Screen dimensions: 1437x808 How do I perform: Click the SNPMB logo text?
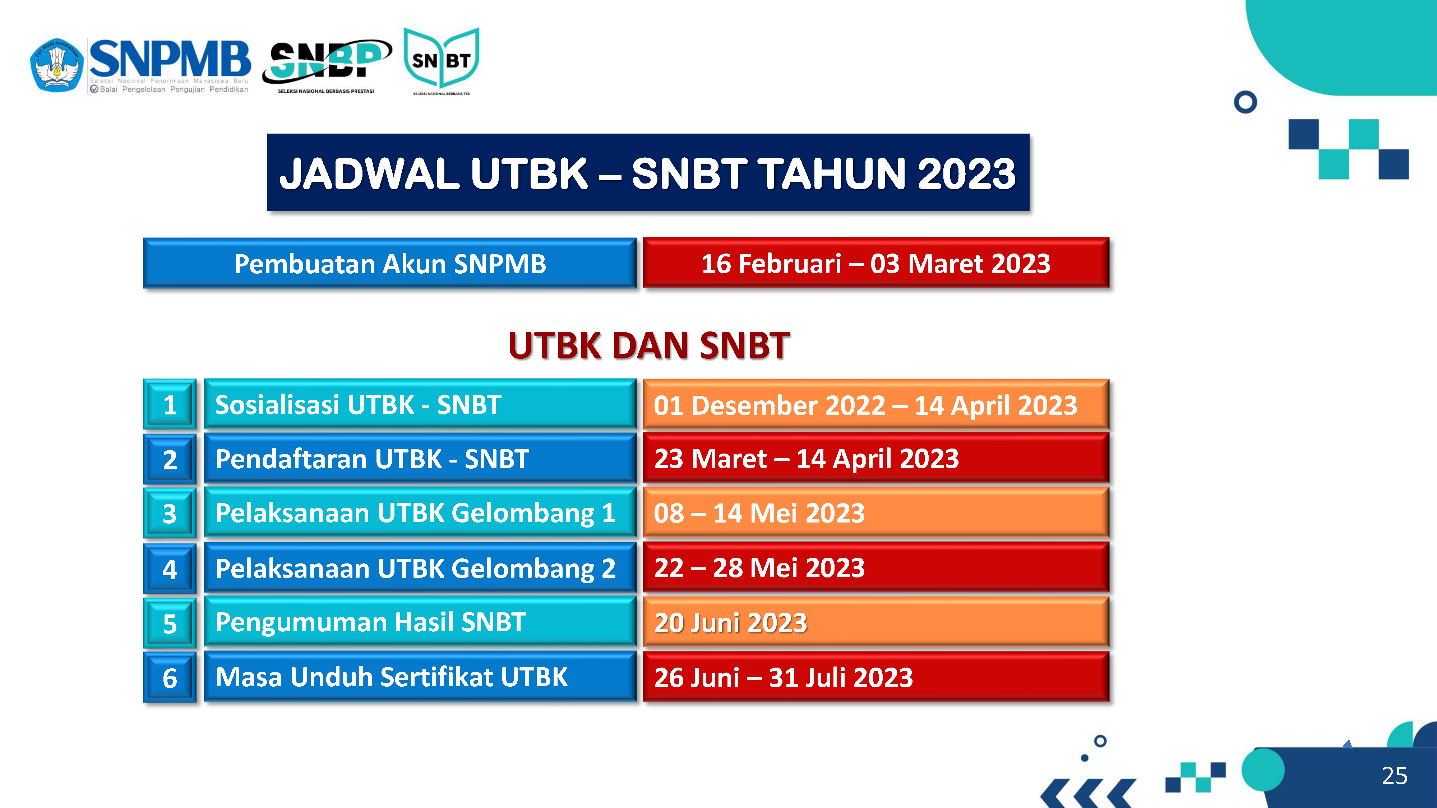(170, 59)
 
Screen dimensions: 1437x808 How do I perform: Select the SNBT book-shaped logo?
(441, 60)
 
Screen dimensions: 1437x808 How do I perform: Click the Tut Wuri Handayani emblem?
(57, 65)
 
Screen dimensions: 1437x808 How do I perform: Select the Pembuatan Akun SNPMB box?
(389, 263)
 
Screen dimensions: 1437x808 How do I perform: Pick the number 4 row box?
(170, 568)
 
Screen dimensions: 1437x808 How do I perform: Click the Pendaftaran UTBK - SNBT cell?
(420, 458)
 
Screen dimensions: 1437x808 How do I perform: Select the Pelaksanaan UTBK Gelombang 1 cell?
(420, 512)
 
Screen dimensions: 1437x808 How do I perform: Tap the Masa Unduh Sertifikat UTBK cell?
(420, 677)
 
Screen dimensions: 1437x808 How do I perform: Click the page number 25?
(1395, 776)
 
